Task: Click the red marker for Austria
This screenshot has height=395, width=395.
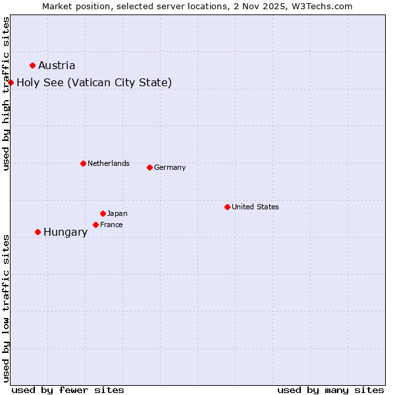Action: (x=32, y=65)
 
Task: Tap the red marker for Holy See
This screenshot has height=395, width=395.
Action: (x=11, y=82)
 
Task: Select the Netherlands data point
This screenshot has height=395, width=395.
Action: (x=83, y=163)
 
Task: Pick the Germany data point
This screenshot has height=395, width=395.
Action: (x=149, y=167)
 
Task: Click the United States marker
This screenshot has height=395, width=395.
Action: (x=227, y=207)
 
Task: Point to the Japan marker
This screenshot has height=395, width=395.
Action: (x=103, y=213)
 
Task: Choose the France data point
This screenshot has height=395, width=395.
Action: (x=95, y=224)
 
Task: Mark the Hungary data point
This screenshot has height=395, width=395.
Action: (x=38, y=232)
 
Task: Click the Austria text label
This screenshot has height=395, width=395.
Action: (x=57, y=65)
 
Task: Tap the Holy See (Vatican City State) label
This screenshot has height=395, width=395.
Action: (x=94, y=82)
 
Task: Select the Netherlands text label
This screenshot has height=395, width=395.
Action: (x=109, y=163)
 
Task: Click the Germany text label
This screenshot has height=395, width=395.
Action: (x=170, y=167)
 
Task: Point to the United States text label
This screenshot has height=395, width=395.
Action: (x=255, y=207)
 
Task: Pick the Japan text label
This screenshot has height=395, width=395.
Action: (x=117, y=213)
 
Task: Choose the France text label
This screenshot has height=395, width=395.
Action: (x=111, y=224)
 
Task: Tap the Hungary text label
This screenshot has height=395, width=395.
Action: (x=65, y=232)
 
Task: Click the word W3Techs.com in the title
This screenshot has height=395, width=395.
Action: (x=323, y=6)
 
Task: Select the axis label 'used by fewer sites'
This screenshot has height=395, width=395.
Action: (x=68, y=390)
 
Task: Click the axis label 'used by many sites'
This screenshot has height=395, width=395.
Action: (x=330, y=390)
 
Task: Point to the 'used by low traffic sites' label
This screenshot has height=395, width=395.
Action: (x=6, y=308)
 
